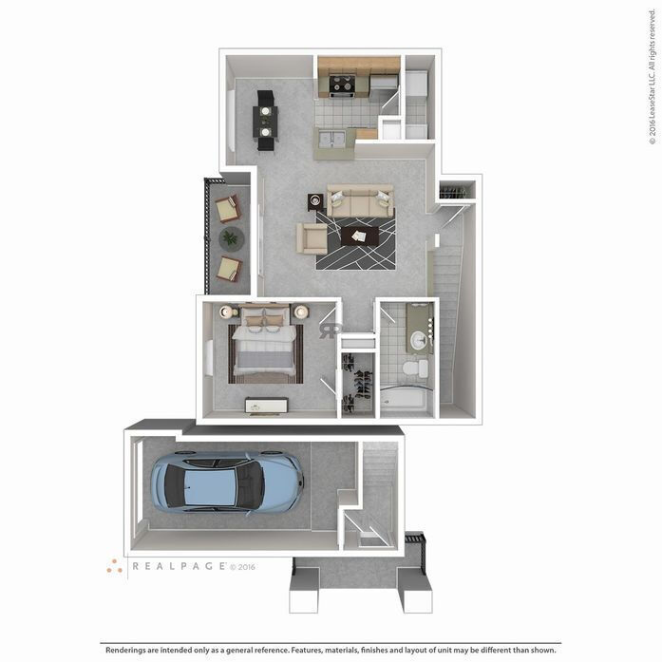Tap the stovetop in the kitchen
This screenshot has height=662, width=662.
pyautogui.click(x=342, y=85)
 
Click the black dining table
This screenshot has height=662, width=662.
pyautogui.click(x=265, y=121)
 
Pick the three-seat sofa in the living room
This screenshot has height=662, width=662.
pyautogui.click(x=360, y=201)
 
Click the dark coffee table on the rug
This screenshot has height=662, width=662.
pyautogui.click(x=360, y=235)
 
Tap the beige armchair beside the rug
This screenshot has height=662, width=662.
pyautogui.click(x=312, y=237)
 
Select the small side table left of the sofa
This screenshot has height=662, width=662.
pyautogui.click(x=315, y=201)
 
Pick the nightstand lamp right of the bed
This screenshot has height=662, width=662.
pyautogui.click(x=301, y=312)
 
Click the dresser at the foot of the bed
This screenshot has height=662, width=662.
pyautogui.click(x=266, y=406)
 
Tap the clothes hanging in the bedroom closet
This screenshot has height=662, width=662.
pyautogui.click(x=359, y=385)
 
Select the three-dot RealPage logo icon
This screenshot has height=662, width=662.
pyautogui.click(x=115, y=566)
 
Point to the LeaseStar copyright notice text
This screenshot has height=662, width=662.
pyautogui.click(x=653, y=85)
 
